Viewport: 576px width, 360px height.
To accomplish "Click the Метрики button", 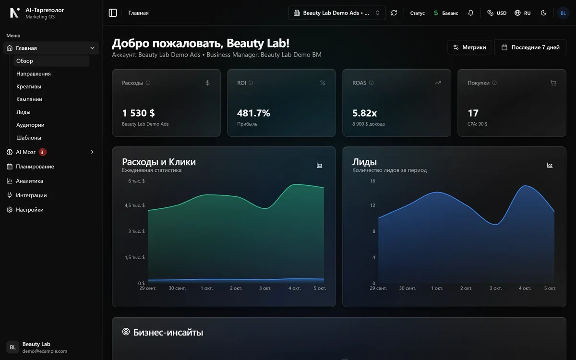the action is pos(469,48).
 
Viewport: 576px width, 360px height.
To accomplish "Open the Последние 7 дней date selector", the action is pos(530,48).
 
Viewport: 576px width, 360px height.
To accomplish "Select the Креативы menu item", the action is pos(28,86).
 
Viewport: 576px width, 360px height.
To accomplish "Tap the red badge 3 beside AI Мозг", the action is pos(42,152).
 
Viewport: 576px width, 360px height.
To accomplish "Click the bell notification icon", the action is pos(470,12).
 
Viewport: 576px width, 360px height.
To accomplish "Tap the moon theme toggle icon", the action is pos(543,13).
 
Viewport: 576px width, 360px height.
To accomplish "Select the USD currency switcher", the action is pos(497,13).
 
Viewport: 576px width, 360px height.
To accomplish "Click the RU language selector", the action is pos(523,13).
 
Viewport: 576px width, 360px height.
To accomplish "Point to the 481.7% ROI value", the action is pos(253,113).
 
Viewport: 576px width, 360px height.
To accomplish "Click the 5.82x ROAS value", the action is pos(365,113).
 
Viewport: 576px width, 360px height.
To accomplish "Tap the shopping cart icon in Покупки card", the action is pos(553,83).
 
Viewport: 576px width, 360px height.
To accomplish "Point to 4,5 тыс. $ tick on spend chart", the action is pos(134,205).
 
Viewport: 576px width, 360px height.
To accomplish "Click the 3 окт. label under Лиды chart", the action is pos(495,288).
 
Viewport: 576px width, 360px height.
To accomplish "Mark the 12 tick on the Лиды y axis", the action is pos(372,205).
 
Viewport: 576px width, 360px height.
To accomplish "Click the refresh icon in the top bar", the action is pos(394,13).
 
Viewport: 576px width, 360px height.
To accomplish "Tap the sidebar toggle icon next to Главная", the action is pos(113,13).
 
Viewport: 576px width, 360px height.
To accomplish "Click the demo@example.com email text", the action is pos(45,351).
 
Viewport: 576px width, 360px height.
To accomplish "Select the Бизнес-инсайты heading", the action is pos(168,332).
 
